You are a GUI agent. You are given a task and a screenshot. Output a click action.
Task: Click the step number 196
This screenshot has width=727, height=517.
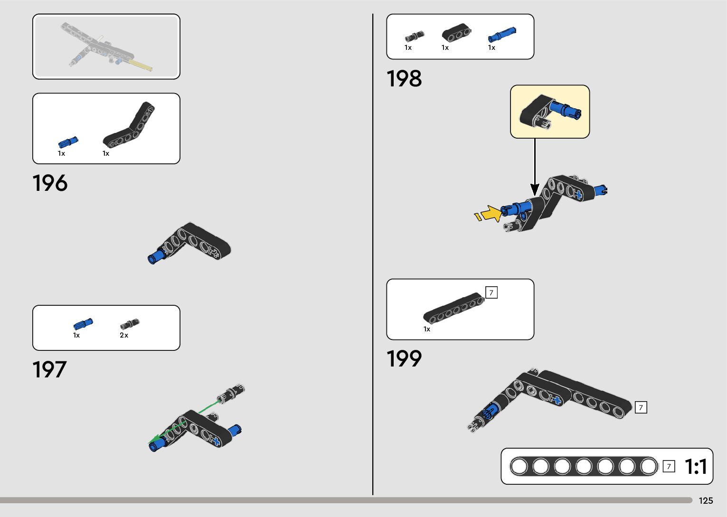click(50, 183)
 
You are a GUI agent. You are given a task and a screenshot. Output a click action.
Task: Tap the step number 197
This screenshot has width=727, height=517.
click(49, 370)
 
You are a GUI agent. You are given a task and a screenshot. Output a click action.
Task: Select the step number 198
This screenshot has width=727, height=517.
click(404, 79)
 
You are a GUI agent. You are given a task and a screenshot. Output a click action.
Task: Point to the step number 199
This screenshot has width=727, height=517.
click(404, 359)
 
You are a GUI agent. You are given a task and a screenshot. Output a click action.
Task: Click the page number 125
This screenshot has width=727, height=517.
click(706, 501)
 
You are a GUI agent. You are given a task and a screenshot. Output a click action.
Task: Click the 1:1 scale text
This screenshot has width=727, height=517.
click(696, 467)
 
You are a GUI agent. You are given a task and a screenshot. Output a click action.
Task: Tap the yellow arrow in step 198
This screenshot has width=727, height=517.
click(490, 213)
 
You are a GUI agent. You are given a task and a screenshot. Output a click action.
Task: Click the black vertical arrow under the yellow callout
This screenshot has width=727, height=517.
click(535, 166)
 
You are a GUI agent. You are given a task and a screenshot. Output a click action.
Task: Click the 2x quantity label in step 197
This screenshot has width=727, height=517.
click(124, 335)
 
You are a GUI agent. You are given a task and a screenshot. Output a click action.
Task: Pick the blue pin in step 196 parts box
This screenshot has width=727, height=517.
click(68, 142)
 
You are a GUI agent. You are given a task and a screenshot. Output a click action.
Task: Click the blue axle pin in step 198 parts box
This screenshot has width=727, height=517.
click(501, 35)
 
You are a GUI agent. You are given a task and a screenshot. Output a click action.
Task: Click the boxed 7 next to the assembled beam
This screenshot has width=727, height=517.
click(641, 407)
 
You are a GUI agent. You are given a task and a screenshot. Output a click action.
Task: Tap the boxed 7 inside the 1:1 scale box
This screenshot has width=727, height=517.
click(669, 467)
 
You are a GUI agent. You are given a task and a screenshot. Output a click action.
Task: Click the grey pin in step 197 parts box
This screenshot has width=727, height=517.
click(129, 324)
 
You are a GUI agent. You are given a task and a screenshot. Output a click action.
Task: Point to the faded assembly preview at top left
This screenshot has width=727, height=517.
click(106, 47)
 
